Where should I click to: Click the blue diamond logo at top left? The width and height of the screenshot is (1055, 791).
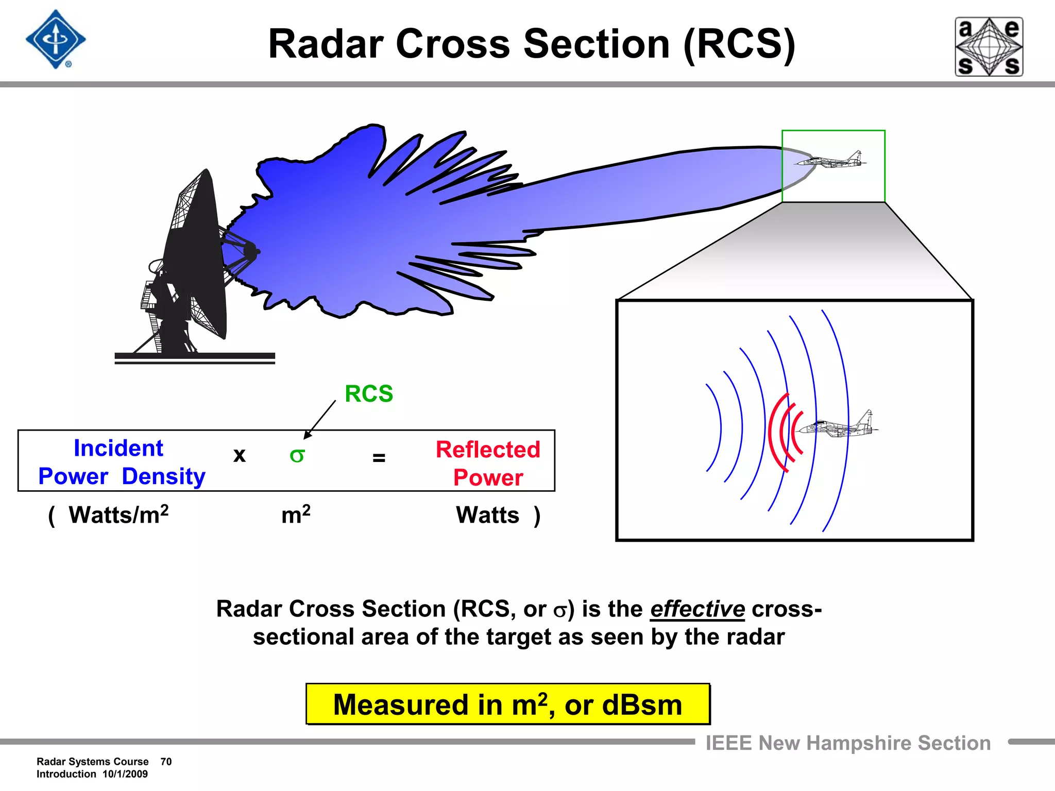(56, 40)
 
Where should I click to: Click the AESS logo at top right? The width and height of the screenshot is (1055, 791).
(989, 47)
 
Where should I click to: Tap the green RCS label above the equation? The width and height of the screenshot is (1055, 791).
(369, 394)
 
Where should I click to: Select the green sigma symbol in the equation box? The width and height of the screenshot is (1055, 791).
(297, 455)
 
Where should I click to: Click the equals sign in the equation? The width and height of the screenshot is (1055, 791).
(379, 457)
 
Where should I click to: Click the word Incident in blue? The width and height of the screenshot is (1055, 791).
(118, 448)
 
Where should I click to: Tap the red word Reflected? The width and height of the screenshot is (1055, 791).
(488, 450)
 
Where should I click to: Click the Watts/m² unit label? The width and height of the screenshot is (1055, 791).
(118, 515)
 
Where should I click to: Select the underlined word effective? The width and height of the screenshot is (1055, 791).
(697, 609)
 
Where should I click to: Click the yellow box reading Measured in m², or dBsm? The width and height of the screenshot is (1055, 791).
(507, 704)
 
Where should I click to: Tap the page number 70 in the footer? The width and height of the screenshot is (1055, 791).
(166, 762)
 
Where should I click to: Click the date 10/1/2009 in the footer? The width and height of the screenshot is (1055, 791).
(125, 774)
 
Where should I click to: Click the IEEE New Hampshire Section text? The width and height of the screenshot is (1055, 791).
(848, 743)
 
